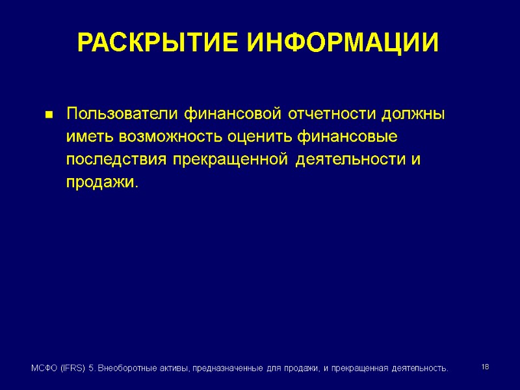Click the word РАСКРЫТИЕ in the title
pyautogui.click(x=157, y=44)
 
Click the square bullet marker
pyautogui.click(x=48, y=116)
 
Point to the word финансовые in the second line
pyautogui.click(x=348, y=137)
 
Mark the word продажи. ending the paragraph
pyautogui.click(x=102, y=183)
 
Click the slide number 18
pyautogui.click(x=485, y=368)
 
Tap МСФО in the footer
pyautogui.click(x=44, y=369)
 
